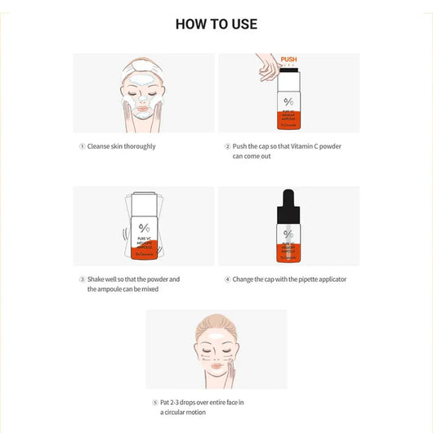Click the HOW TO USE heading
(x=216, y=24)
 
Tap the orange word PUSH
(x=288, y=60)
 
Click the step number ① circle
(x=82, y=146)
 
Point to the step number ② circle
(x=227, y=146)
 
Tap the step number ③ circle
(x=82, y=279)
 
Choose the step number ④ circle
(x=227, y=279)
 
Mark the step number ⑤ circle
(x=154, y=403)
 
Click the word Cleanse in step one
(x=100, y=146)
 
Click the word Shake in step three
(x=98, y=279)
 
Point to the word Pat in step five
(x=166, y=403)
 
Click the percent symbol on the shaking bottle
(x=144, y=228)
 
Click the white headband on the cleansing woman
(x=143, y=66)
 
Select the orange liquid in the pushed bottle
(x=288, y=118)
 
